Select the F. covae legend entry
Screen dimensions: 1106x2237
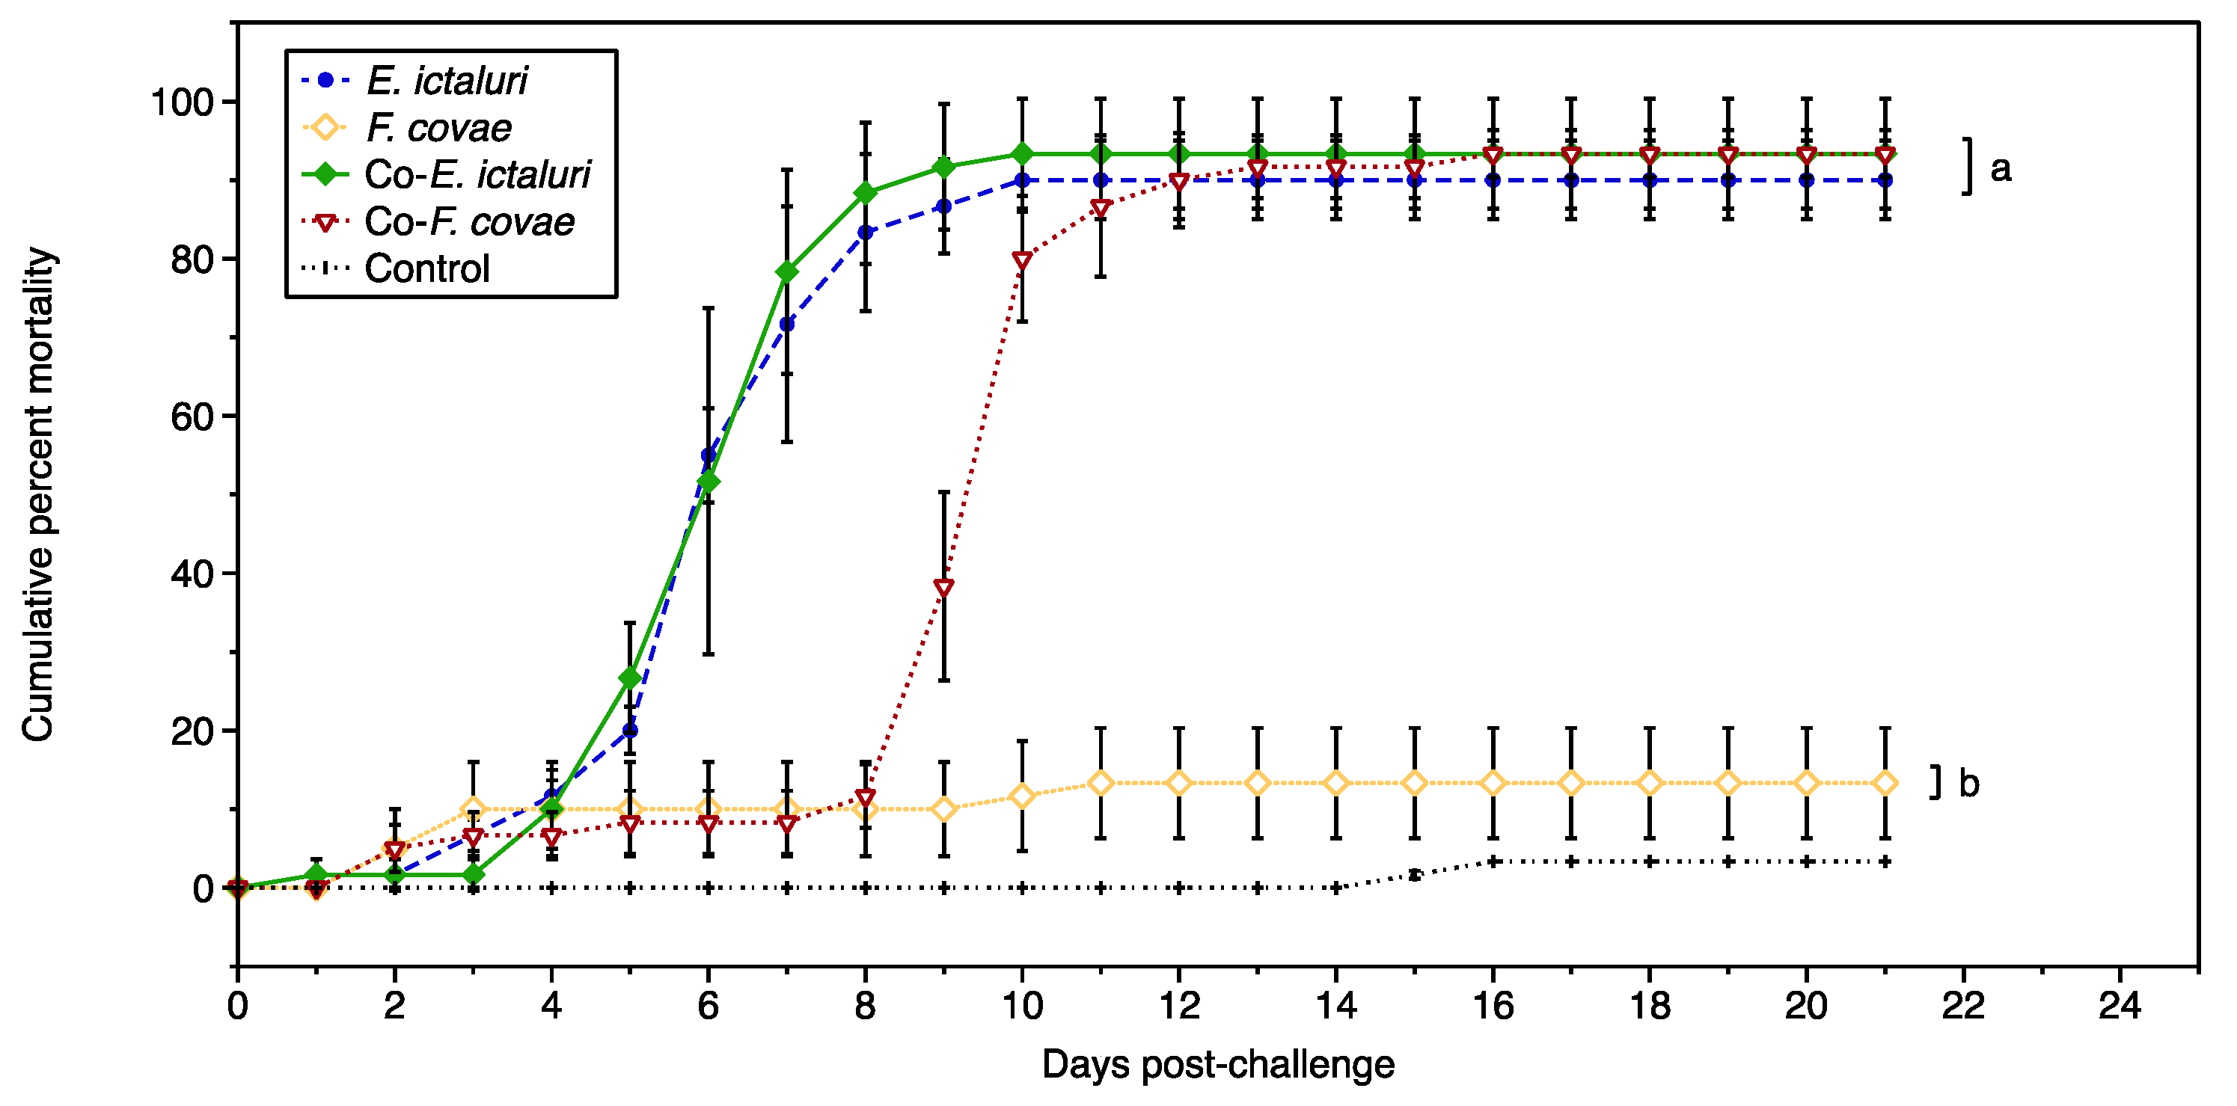[x=438, y=128]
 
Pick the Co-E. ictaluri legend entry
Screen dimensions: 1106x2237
[x=477, y=174]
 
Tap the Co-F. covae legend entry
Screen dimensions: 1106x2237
[x=469, y=221]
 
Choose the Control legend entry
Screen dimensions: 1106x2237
[x=426, y=268]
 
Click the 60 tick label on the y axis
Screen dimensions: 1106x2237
[x=192, y=417]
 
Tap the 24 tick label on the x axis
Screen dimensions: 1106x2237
[x=2120, y=1006]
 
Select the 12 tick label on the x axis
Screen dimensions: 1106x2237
[x=1178, y=1006]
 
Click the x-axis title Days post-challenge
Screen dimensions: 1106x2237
[x=1217, y=1064]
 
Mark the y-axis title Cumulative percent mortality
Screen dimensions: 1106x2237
[x=39, y=495]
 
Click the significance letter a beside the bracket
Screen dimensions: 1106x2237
[x=2001, y=168]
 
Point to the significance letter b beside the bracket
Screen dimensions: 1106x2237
[x=1969, y=783]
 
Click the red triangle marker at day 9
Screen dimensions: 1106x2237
[x=944, y=588]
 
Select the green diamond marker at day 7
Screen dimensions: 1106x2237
[x=787, y=273]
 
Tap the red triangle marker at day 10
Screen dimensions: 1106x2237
[x=1022, y=260]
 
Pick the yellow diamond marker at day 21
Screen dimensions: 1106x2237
[x=1885, y=783]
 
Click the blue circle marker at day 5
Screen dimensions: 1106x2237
[x=630, y=730]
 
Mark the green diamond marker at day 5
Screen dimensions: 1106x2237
[x=630, y=678]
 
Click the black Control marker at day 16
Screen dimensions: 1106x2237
[x=1493, y=861]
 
